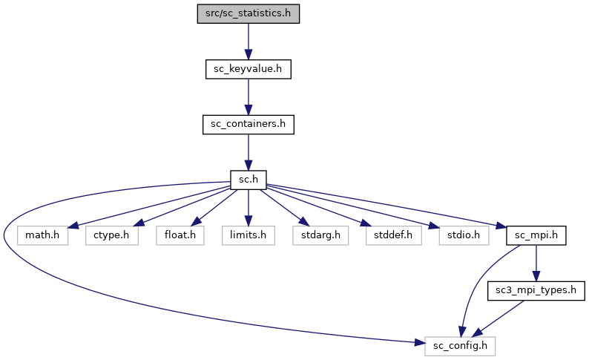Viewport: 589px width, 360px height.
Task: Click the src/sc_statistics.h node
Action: (248, 13)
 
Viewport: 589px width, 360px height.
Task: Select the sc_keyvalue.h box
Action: (248, 69)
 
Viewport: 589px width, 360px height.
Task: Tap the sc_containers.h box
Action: (248, 124)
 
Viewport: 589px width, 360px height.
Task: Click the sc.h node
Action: (248, 180)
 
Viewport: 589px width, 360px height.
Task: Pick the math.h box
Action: (42, 235)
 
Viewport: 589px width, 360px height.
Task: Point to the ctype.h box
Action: (111, 235)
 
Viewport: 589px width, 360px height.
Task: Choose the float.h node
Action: (179, 235)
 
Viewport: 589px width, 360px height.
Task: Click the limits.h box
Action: (248, 235)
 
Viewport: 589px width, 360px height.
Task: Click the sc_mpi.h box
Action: (536, 235)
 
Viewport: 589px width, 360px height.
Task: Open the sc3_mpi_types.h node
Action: (536, 290)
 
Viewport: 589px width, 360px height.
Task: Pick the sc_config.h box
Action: (460, 346)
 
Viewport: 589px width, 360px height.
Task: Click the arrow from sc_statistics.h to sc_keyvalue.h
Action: (248, 41)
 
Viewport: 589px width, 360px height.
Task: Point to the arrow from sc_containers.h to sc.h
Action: (248, 151)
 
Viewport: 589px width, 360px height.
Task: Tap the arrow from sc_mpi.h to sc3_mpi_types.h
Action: (536, 263)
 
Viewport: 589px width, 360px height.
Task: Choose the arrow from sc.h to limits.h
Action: (248, 207)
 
